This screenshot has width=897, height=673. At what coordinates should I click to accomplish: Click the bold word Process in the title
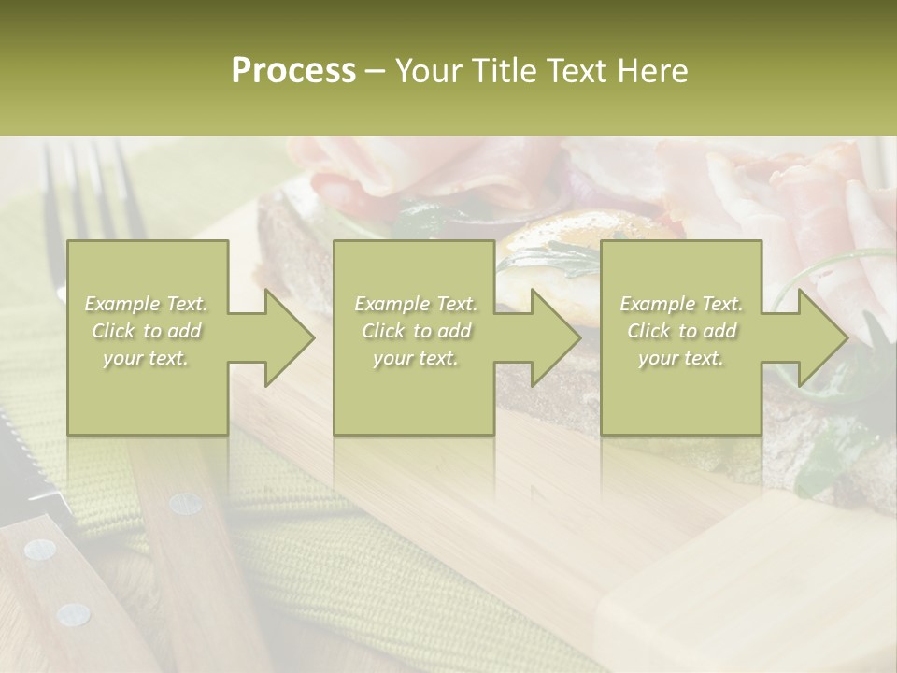coord(293,71)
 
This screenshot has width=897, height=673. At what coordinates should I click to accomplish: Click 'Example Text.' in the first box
coord(146,304)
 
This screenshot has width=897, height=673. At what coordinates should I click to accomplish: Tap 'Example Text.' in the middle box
coord(416,304)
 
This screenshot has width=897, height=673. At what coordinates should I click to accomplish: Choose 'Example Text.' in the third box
coord(681,304)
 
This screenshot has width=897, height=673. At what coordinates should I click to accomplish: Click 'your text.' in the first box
coord(146,358)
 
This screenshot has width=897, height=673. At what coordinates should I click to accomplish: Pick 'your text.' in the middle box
coord(416,358)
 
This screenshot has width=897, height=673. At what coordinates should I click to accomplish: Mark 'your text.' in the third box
coord(681,358)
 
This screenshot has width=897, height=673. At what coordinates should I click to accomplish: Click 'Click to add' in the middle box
coord(416,331)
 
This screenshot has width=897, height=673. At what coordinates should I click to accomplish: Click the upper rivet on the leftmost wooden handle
coord(39,549)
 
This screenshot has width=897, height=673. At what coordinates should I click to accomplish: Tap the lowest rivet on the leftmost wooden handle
coord(73,614)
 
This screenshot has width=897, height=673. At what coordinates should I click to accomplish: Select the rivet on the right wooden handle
coord(185,504)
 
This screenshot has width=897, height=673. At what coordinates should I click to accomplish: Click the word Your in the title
coord(426,71)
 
